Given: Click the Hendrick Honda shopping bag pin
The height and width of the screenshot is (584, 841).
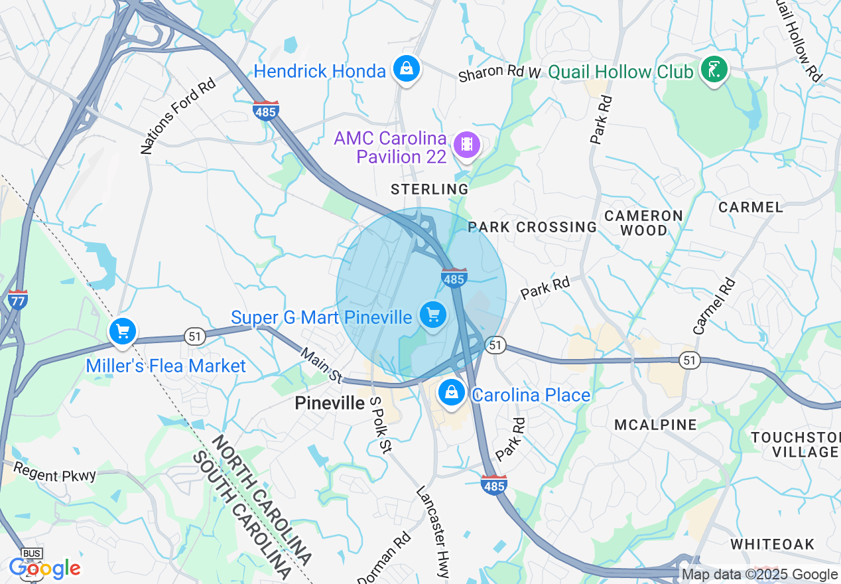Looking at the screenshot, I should pos(405,68).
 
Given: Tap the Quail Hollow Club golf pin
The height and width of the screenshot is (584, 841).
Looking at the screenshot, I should pos(714,70).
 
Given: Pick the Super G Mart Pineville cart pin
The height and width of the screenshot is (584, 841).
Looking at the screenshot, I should pos(433,315).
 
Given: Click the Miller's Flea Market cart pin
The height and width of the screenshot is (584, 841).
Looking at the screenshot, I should pos(122,331).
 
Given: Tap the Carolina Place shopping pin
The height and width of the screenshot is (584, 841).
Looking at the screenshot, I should pos(451,393).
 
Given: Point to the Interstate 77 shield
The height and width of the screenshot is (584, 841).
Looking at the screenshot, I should pos(18,300).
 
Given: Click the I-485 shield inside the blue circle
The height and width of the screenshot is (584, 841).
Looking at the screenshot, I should pos(454,277).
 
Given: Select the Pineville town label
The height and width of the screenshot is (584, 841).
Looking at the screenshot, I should pos(330,403).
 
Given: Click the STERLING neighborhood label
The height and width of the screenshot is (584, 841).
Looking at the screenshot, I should pos(430,190).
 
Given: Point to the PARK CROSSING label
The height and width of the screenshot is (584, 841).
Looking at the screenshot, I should pos(533,227).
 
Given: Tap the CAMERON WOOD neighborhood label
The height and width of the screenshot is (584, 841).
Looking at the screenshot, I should pos(643,223).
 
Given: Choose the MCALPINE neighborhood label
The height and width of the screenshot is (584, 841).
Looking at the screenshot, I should pos(655,425).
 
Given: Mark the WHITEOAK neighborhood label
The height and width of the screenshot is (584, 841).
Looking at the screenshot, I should pos(772,544).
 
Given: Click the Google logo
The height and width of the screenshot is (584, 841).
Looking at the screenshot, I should pos(44,569).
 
